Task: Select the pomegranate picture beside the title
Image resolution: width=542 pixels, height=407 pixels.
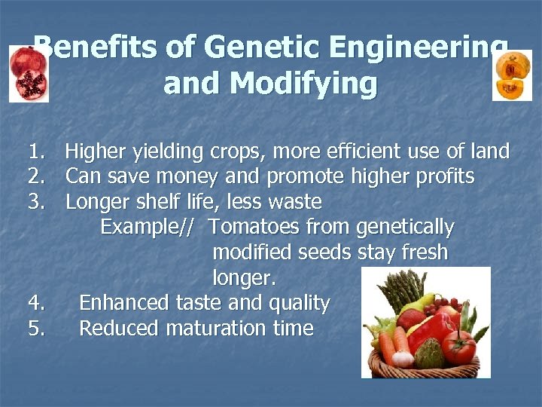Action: [29, 73]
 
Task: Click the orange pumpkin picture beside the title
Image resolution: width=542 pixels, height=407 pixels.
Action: [512, 76]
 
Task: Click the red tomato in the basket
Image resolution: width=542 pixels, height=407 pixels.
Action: [458, 347]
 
